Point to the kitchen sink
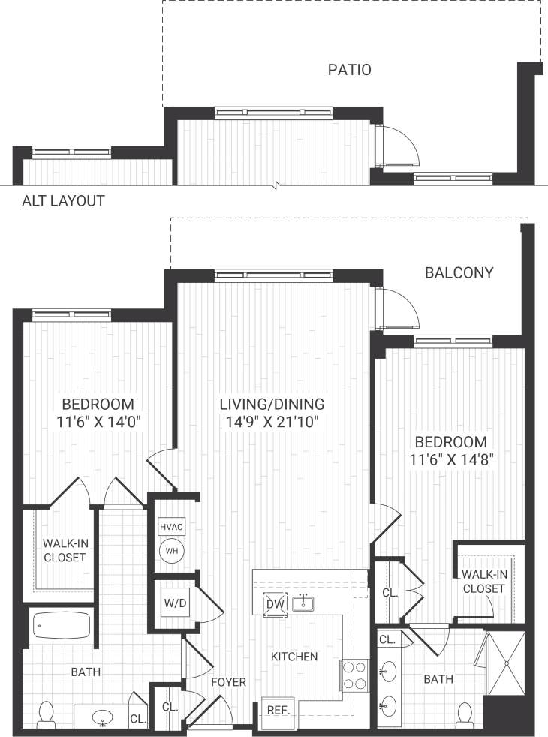(x=304, y=603)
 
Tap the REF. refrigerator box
(x=279, y=709)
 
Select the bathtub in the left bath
(x=61, y=626)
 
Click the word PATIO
(x=350, y=71)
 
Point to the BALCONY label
(x=459, y=272)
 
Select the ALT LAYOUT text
(x=63, y=201)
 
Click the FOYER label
(x=229, y=682)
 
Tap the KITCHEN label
(x=294, y=657)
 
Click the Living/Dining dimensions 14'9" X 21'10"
(x=272, y=423)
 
